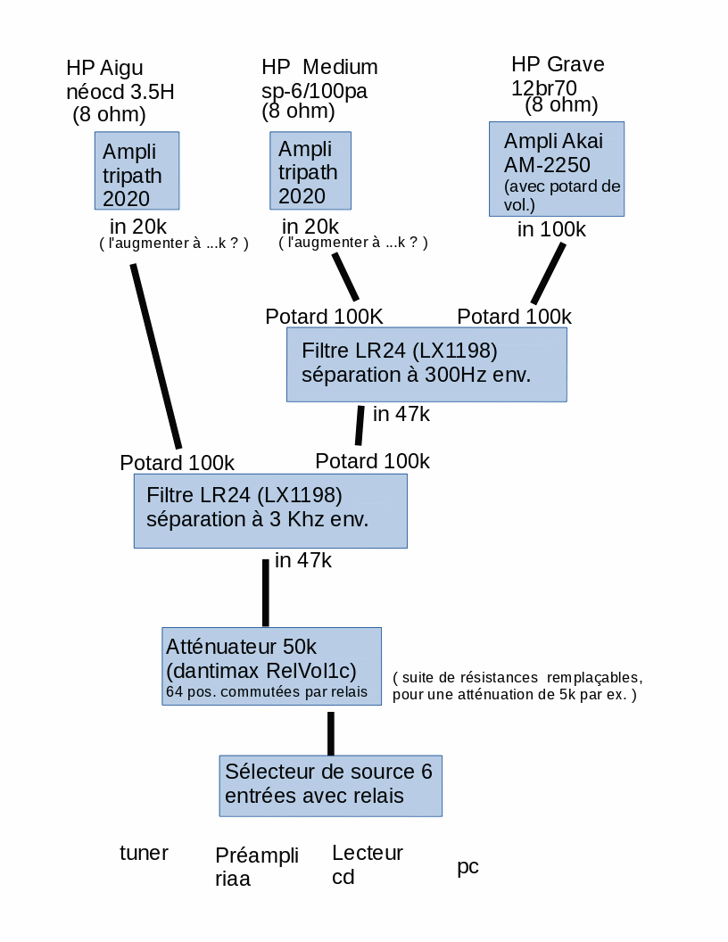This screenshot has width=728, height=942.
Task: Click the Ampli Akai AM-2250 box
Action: click(556, 169)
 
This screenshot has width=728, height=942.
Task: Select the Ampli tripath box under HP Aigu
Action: click(136, 171)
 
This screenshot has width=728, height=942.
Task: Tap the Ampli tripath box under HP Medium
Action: click(310, 170)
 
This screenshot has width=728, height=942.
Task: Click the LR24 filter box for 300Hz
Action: click(426, 364)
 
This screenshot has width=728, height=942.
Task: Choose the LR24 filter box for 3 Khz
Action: click(270, 510)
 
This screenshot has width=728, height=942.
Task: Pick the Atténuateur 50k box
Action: click(271, 666)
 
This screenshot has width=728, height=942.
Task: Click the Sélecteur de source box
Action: click(330, 785)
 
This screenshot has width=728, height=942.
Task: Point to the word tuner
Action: click(144, 853)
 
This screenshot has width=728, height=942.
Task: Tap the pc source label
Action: click(467, 866)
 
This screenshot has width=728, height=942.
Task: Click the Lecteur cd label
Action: click(367, 864)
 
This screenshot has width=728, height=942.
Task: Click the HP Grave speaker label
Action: click(558, 64)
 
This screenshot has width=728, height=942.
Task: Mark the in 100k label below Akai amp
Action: click(551, 229)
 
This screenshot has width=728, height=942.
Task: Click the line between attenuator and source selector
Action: click(331, 733)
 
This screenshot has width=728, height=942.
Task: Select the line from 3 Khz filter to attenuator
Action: click(265, 593)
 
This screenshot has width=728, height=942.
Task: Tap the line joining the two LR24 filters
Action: click(360, 426)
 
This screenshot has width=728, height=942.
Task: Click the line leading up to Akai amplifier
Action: click(549, 273)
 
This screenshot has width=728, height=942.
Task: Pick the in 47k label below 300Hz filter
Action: click(401, 414)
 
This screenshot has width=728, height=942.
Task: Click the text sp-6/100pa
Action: click(314, 90)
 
